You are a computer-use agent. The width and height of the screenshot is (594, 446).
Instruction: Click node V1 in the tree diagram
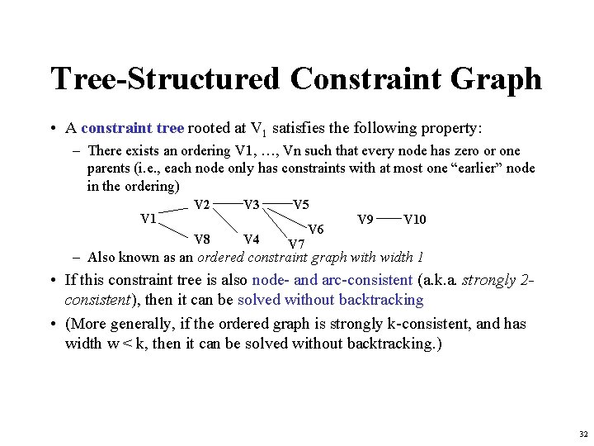tap(148, 219)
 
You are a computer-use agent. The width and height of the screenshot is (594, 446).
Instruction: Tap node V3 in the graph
tap(252, 204)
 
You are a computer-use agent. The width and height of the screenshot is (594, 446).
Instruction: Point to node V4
tap(252, 240)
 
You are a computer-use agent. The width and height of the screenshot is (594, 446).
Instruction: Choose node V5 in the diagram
tap(301, 204)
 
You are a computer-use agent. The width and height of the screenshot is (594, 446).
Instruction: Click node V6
tap(315, 229)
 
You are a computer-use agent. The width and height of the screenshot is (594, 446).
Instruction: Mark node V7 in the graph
tap(296, 244)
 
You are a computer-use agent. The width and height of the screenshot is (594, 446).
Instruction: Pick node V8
tap(201, 240)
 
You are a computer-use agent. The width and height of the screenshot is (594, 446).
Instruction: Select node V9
tap(365, 219)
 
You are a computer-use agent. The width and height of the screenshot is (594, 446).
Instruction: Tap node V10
tap(415, 219)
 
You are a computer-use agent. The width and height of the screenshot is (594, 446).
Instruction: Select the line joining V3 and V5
tap(278, 200)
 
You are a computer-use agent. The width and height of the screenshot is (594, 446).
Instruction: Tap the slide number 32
tap(583, 434)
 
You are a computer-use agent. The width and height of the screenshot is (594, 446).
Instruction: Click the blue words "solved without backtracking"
tap(330, 300)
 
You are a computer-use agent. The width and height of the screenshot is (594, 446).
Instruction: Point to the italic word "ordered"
tap(219, 257)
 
